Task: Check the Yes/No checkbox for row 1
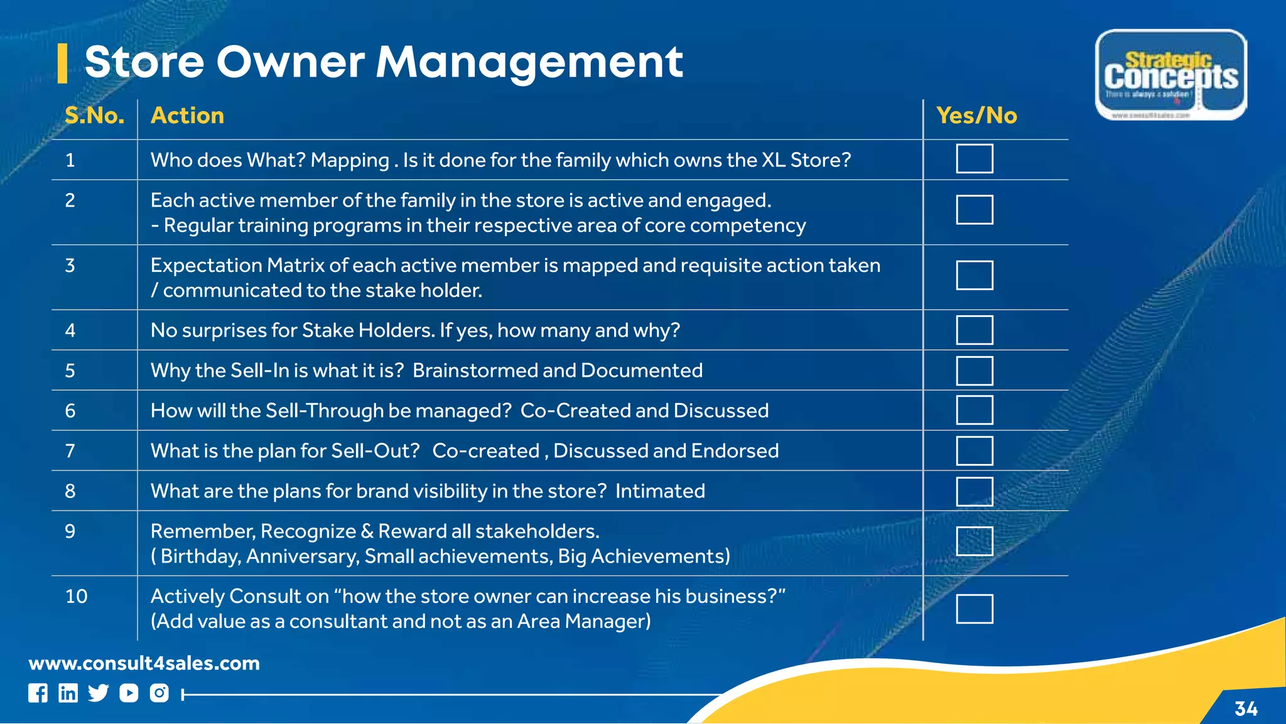pyautogui.click(x=974, y=159)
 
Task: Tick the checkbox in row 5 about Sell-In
pyautogui.click(x=974, y=370)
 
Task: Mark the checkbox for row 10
pyautogui.click(x=974, y=608)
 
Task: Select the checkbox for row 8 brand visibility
pyautogui.click(x=974, y=491)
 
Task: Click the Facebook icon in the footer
pyautogui.click(x=38, y=693)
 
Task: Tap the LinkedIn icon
pyautogui.click(x=68, y=693)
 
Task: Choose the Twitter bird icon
pyautogui.click(x=98, y=693)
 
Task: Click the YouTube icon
pyautogui.click(x=129, y=693)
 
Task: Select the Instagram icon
pyautogui.click(x=159, y=693)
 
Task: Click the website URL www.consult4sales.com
pyautogui.click(x=144, y=663)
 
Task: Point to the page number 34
pyautogui.click(x=1246, y=709)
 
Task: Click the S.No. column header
pyautogui.click(x=94, y=116)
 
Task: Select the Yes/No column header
pyautogui.click(x=976, y=116)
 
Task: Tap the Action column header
pyautogui.click(x=187, y=116)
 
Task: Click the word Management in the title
pyautogui.click(x=529, y=62)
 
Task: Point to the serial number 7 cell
pyautogui.click(x=70, y=451)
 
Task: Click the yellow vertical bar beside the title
pyautogui.click(x=62, y=63)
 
